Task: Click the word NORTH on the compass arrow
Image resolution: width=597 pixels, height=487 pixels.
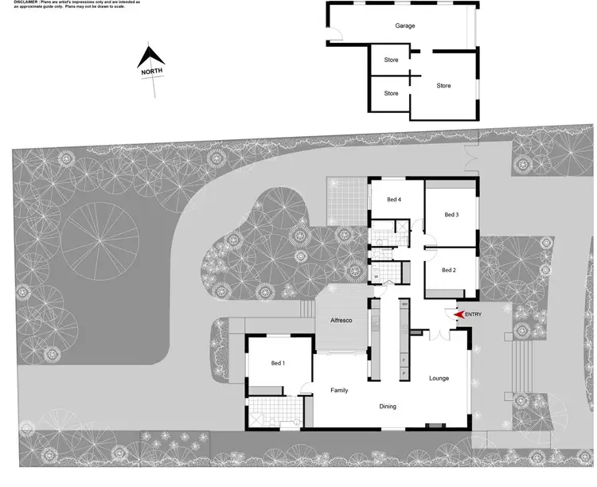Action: pyautogui.click(x=152, y=71)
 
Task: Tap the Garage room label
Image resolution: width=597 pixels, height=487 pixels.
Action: pyautogui.click(x=405, y=25)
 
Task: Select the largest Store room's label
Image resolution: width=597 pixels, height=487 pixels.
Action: pyautogui.click(x=443, y=86)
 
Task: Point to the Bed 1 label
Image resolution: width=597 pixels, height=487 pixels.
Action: pyautogui.click(x=278, y=364)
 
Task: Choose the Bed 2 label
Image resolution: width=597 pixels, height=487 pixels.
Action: pyautogui.click(x=448, y=271)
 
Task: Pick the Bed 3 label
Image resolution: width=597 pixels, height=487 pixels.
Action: pyautogui.click(x=451, y=214)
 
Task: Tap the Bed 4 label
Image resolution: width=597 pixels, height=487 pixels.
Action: pyautogui.click(x=394, y=199)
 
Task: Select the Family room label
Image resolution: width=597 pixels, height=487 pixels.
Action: pyautogui.click(x=340, y=390)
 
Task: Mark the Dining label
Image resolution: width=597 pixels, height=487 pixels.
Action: pyautogui.click(x=388, y=407)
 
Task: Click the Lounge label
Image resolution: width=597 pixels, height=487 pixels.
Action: pyautogui.click(x=439, y=378)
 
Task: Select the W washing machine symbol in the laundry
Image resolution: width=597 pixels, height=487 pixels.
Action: pyautogui.click(x=375, y=277)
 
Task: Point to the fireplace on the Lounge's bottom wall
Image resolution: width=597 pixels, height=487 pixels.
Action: pyautogui.click(x=434, y=427)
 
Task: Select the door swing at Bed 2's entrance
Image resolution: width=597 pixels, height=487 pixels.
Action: pyautogui.click(x=431, y=248)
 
